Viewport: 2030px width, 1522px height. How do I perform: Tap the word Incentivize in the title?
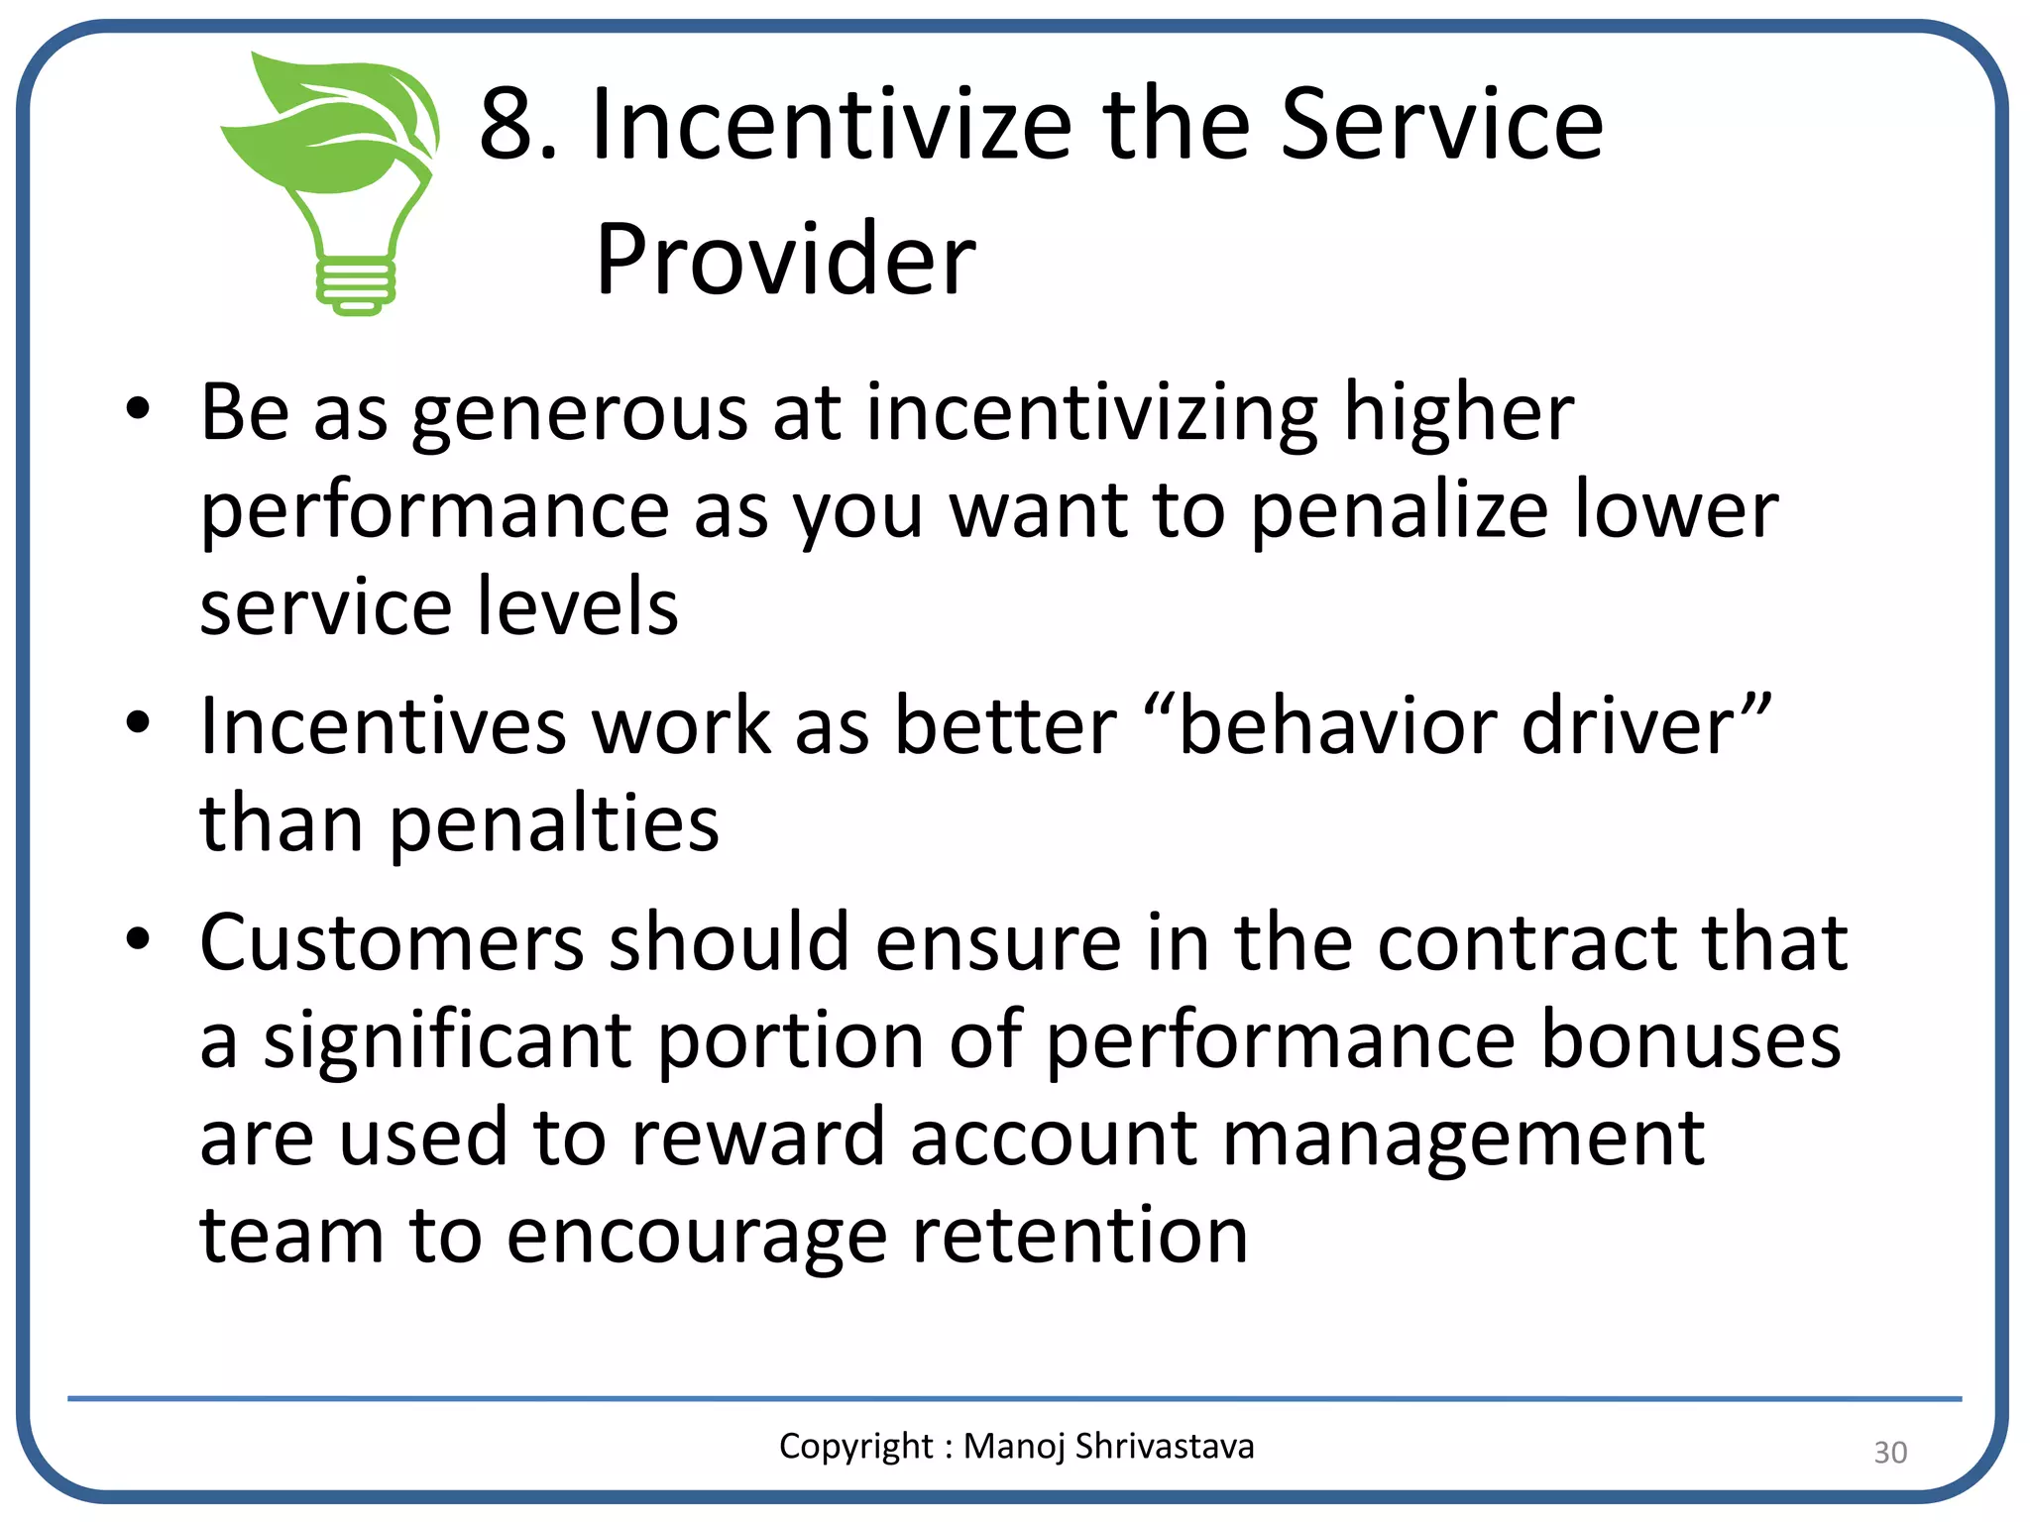pyautogui.click(x=831, y=125)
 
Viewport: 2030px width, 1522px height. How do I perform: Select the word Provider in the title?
pyautogui.click(x=785, y=260)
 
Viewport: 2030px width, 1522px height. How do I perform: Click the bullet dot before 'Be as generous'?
pyautogui.click(x=138, y=408)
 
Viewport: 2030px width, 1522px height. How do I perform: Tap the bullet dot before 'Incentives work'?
pyautogui.click(x=138, y=722)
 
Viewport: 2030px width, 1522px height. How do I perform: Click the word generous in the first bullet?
pyautogui.click(x=580, y=414)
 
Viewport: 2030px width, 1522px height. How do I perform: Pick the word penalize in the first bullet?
pyautogui.click(x=1399, y=511)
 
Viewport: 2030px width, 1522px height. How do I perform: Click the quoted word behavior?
pyautogui.click(x=1337, y=726)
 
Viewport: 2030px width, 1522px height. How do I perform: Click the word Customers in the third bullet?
pyautogui.click(x=392, y=942)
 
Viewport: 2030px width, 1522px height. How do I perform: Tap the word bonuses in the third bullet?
pyautogui.click(x=1690, y=1040)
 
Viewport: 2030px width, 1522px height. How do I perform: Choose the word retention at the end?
pyautogui.click(x=1079, y=1236)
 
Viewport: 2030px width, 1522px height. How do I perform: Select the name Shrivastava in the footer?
pyautogui.click(x=1164, y=1447)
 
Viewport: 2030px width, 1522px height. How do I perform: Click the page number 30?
pyautogui.click(x=1889, y=1453)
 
